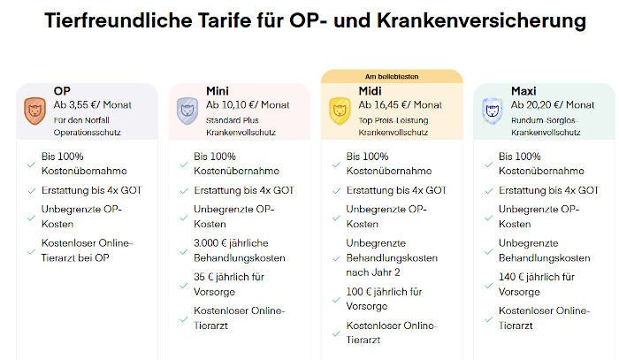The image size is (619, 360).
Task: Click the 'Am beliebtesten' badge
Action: [x=392, y=77]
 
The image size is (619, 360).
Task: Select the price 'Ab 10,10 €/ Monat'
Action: [x=248, y=104]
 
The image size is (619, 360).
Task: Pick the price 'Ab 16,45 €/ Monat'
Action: [x=400, y=104]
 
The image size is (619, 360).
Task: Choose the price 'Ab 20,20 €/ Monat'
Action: [x=553, y=104]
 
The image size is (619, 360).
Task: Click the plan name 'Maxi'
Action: [x=523, y=90]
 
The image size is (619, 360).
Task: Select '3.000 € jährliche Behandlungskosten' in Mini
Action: [x=239, y=250]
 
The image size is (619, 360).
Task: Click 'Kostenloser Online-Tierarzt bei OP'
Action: [x=86, y=250]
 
